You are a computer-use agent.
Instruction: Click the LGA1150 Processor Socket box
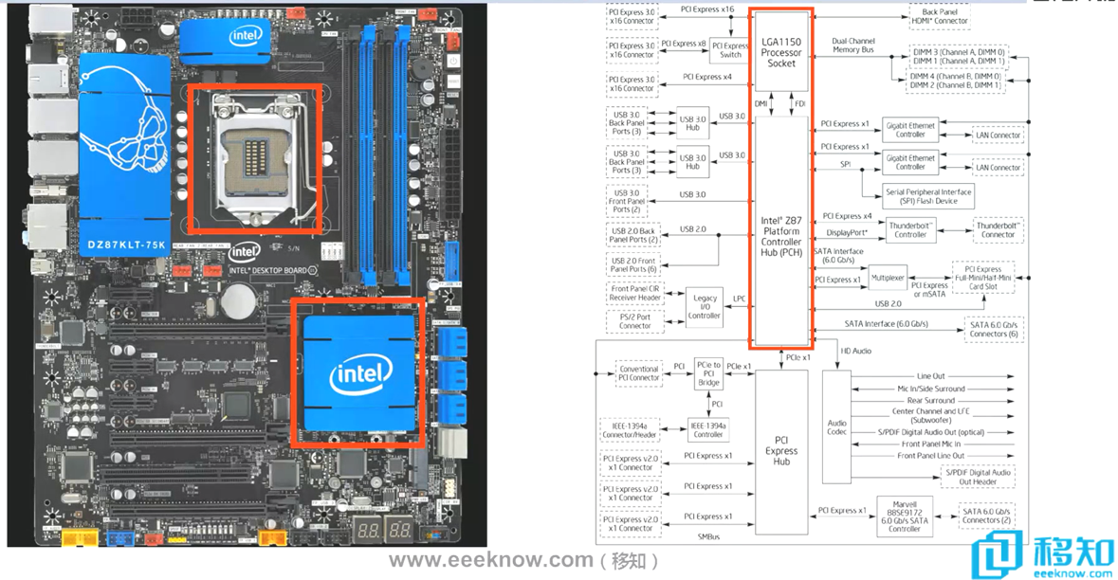pyautogui.click(x=781, y=52)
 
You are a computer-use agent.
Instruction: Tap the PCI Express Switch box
pyautogui.click(x=730, y=49)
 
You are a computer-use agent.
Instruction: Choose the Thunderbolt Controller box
pyautogui.click(x=910, y=229)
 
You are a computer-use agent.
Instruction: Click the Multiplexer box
pyautogui.click(x=888, y=278)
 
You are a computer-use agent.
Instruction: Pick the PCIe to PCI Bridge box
pyautogui.click(x=708, y=372)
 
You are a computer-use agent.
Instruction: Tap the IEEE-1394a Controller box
pyautogui.click(x=708, y=429)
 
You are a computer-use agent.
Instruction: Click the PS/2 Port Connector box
pyautogui.click(x=635, y=319)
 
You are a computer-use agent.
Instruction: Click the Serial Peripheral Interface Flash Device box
pyautogui.click(x=928, y=196)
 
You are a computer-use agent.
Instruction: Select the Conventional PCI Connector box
pyautogui.click(x=638, y=372)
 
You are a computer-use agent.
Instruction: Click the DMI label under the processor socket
pyautogui.click(x=760, y=103)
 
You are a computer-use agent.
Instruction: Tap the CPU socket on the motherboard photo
pyautogui.click(x=254, y=156)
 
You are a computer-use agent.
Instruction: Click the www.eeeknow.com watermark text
pyautogui.click(x=490, y=559)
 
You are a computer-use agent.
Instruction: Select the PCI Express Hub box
pyautogui.click(x=780, y=451)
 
